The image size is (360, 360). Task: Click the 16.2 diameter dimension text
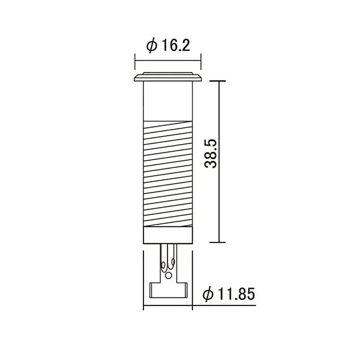coord(176,45)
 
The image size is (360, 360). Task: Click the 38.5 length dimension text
coord(211,154)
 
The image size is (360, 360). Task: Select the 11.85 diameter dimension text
coord(236,293)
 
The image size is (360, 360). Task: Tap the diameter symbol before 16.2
coord(152,46)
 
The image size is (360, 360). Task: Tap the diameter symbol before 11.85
coord(208,294)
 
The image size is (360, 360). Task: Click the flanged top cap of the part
coord(168,77)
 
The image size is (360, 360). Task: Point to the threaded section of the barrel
coord(168,173)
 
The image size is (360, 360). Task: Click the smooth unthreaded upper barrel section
coord(168,101)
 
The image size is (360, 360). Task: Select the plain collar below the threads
coord(168,235)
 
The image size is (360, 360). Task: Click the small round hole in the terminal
coord(169,275)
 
